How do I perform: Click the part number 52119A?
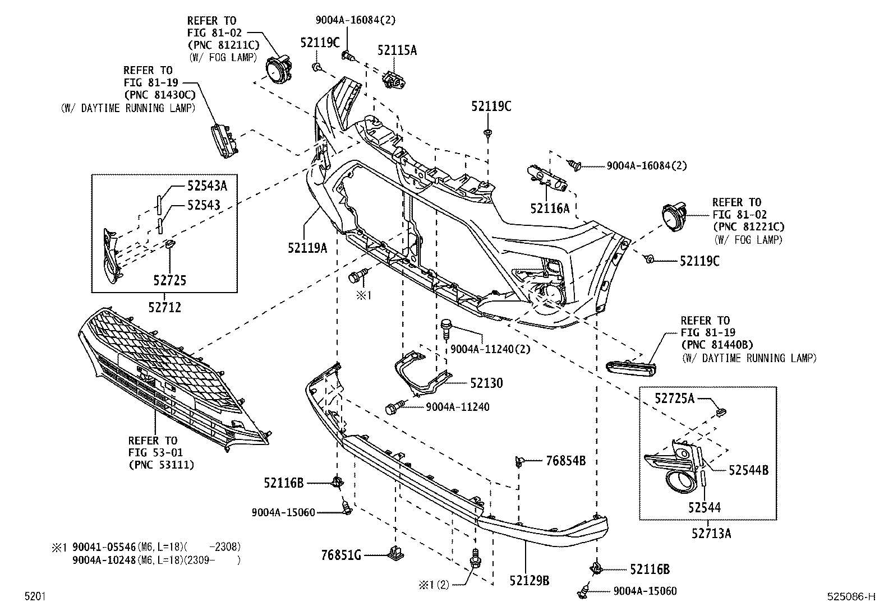tap(307, 247)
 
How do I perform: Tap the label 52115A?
tap(397, 50)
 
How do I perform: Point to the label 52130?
tap(486, 383)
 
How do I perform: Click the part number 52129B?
tap(529, 580)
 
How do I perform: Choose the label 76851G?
tap(341, 555)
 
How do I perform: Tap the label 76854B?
tap(565, 461)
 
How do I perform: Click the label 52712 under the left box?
tap(165, 307)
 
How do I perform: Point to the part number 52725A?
tap(674, 399)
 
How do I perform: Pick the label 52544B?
tap(748, 470)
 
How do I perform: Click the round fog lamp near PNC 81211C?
tap(278, 71)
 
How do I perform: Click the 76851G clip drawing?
tap(396, 553)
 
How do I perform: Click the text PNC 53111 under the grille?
tap(162, 464)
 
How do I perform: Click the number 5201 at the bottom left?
tap(34, 597)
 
